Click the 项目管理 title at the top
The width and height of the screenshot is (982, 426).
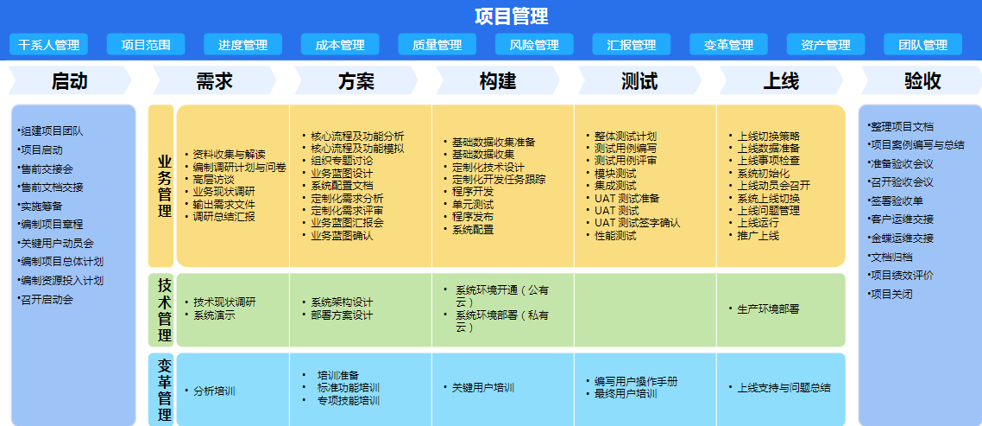(x=512, y=16)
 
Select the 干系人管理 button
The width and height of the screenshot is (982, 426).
(x=49, y=45)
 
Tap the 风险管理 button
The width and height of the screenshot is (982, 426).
(x=534, y=45)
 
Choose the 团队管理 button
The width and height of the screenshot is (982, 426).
(x=922, y=45)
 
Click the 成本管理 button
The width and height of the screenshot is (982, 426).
(x=340, y=45)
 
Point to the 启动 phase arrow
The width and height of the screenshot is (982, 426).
(x=70, y=80)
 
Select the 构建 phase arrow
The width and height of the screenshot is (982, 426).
(x=498, y=80)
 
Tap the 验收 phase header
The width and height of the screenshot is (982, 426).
(x=922, y=80)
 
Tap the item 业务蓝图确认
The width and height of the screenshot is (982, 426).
(x=342, y=236)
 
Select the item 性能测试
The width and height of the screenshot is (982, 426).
(x=615, y=236)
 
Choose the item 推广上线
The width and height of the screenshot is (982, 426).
(x=758, y=236)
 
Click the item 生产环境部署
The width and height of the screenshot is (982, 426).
(x=768, y=308)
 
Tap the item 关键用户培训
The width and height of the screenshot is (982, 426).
(x=483, y=388)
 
